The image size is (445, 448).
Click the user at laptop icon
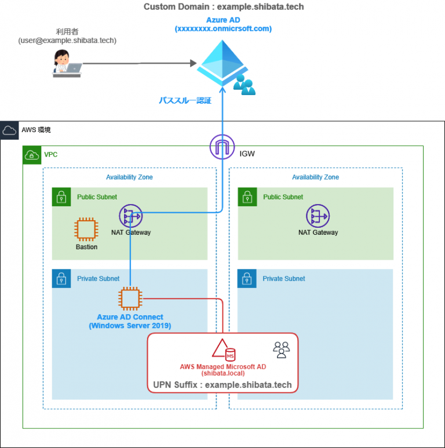click(67, 63)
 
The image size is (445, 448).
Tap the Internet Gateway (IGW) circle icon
click(222, 147)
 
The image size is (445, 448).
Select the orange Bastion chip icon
click(86, 230)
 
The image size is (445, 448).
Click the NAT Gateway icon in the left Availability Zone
click(130, 217)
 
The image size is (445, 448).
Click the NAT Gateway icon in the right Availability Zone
click(318, 217)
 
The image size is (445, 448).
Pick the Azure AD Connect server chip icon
click(130, 299)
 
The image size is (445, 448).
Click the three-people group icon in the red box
click(281, 349)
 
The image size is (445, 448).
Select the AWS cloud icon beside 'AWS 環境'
click(10, 130)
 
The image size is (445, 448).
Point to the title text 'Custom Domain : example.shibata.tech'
click(223, 7)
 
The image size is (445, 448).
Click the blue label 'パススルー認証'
click(185, 100)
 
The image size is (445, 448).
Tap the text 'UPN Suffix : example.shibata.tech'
click(222, 385)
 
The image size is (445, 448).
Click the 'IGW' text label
click(247, 154)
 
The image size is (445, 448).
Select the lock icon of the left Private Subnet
click(61, 278)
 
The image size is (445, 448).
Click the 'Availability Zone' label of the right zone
click(315, 177)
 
